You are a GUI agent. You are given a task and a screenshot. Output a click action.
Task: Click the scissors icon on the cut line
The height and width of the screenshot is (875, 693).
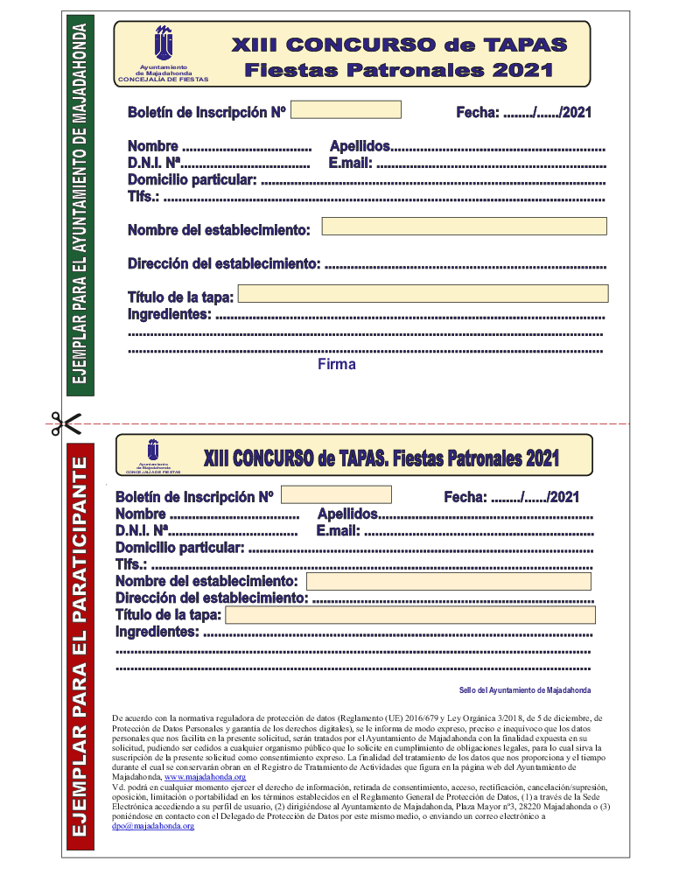click(x=65, y=423)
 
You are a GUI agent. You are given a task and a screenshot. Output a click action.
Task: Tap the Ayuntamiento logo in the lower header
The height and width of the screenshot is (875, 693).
click(x=157, y=450)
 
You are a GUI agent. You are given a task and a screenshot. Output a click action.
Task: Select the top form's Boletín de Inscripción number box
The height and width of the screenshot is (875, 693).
click(x=346, y=110)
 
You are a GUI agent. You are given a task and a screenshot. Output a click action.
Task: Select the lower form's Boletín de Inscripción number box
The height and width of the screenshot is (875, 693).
click(x=336, y=494)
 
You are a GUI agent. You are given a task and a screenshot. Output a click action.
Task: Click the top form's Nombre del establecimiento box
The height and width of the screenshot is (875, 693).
click(x=464, y=227)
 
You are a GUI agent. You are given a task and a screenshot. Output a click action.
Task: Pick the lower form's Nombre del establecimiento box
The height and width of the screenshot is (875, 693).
click(x=448, y=582)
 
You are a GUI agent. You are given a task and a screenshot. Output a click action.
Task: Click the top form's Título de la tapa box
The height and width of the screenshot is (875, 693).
click(x=423, y=294)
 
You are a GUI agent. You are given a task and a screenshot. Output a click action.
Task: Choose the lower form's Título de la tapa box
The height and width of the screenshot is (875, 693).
click(x=410, y=615)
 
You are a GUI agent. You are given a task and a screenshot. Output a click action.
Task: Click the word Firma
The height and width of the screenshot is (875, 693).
click(x=337, y=365)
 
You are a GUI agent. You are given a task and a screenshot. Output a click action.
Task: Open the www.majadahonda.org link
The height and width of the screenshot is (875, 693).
click(x=205, y=777)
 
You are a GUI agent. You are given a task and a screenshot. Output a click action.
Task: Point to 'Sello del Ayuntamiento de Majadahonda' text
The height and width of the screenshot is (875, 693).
click(x=524, y=690)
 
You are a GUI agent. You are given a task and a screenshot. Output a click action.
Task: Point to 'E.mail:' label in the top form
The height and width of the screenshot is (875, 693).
click(x=351, y=163)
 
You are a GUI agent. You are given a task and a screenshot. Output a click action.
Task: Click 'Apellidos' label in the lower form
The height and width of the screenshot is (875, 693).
click(x=347, y=514)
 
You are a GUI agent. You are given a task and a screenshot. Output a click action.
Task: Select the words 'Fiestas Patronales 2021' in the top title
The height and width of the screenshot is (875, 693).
click(x=399, y=69)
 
